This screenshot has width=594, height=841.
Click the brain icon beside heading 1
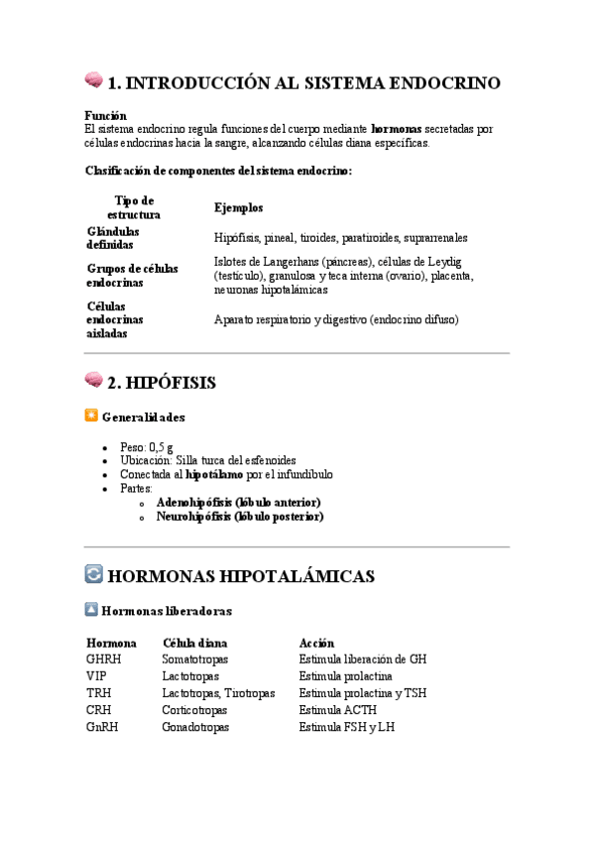pos(93,80)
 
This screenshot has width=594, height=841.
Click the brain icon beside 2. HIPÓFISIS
pos(93,380)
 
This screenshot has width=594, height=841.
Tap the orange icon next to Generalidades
pos(92,417)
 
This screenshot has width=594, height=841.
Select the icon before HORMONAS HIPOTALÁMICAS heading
pos(93,573)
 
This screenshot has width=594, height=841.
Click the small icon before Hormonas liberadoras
pos(92,610)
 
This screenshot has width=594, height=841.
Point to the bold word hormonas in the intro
pos(396,129)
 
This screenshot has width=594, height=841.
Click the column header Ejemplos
pos(238,207)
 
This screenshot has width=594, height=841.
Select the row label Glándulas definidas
pos(113,238)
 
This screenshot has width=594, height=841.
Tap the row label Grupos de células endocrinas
pos(132,276)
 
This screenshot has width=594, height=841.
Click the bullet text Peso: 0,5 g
pos(148,447)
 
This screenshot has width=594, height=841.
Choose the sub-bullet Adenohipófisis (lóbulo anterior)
pos(240,503)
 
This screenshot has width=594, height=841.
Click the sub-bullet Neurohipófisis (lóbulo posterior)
pos(240,516)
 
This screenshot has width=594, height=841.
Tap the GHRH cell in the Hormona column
pos(103,659)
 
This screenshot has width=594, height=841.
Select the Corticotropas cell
pos(194,710)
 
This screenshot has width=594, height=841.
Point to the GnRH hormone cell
pos(102,727)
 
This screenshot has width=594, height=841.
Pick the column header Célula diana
pos(194,643)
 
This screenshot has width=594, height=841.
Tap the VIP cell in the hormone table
pos(96,675)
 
